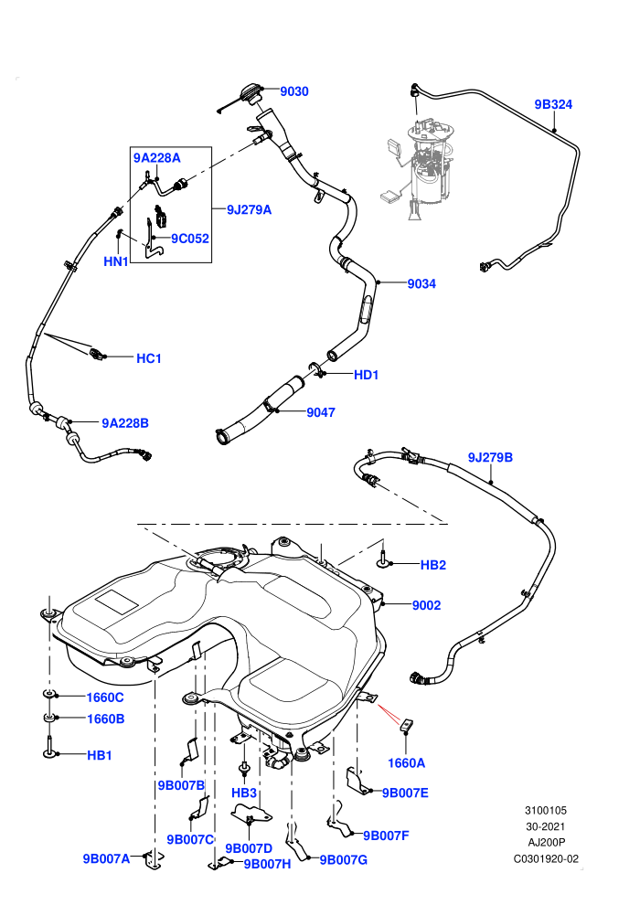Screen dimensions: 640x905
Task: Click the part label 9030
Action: pos(294,91)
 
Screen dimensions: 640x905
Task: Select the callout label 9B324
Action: pos(553,104)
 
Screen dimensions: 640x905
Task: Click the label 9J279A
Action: pos(249,209)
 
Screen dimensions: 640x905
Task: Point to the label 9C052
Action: pos(190,239)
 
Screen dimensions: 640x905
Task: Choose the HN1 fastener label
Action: pos(116,261)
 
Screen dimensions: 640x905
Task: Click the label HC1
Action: pos(149,358)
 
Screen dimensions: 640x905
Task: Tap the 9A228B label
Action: pos(125,423)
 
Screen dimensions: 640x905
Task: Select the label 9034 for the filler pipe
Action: pos(421,283)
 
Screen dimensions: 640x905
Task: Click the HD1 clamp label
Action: pos(366,375)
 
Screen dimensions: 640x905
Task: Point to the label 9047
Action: pos(321,412)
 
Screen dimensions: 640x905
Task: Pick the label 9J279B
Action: pos(490,457)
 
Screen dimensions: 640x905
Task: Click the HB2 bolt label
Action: pos(432,565)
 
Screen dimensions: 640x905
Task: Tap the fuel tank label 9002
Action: pos(426,605)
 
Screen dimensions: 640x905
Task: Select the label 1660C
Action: pos(105,697)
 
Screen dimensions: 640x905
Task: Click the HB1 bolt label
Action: pos(100,755)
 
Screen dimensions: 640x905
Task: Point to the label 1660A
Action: pos(406,763)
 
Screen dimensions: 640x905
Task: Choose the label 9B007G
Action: pos(344,860)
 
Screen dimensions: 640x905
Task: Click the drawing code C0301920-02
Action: pos(546,858)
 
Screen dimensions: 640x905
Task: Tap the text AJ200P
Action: pos(547,842)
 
